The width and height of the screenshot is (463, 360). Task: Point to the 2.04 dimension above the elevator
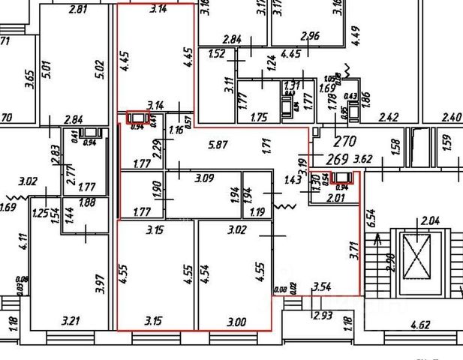[430, 220]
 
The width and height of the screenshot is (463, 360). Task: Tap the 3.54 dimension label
[322, 286]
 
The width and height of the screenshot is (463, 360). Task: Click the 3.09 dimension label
[205, 179]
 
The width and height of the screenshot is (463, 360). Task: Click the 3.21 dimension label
[70, 321]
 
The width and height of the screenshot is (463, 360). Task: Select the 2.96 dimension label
[309, 35]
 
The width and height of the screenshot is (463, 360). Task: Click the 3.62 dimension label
[364, 159]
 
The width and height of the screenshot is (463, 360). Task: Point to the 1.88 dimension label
[88, 202]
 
